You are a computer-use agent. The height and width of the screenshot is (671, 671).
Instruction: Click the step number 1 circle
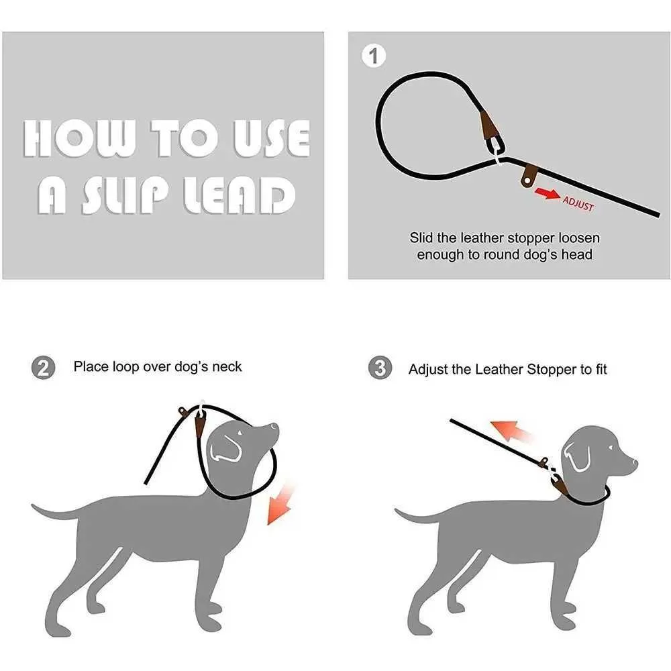374,56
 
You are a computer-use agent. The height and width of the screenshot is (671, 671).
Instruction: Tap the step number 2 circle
42,368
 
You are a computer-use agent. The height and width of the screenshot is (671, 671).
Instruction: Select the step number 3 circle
380,368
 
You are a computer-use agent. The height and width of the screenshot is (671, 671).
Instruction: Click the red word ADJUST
578,204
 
